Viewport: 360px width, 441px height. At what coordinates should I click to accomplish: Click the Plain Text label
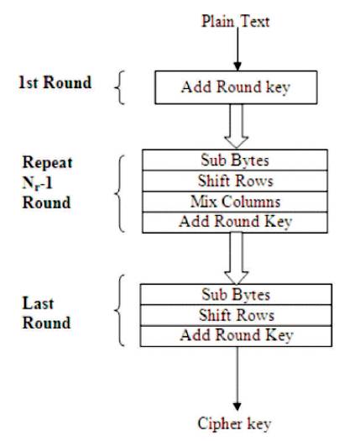pos(236,21)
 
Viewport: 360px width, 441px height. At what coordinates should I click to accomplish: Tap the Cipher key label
pos(234,423)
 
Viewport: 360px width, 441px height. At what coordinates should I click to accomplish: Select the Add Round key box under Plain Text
pos(236,87)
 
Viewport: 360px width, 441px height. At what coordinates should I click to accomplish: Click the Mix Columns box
pos(235,202)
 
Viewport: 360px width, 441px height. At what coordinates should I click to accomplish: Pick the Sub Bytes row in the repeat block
pos(235,160)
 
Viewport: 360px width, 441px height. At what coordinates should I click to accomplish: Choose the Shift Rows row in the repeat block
pos(235,181)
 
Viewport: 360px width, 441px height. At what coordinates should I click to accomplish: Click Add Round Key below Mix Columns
pos(235,223)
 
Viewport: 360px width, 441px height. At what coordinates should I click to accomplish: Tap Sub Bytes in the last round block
pos(236,295)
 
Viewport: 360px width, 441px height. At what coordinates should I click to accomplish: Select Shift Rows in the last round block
pos(236,315)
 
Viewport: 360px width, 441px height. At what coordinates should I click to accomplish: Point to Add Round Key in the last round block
pos(236,336)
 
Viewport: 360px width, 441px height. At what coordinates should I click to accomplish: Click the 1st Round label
pos(55,82)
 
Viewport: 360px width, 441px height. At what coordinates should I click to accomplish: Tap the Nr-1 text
pos(37,183)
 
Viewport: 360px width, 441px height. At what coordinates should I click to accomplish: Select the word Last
pos(38,303)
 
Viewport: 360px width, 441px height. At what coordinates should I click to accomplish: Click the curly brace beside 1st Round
pos(119,87)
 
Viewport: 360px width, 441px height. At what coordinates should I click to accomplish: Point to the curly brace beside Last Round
pos(119,311)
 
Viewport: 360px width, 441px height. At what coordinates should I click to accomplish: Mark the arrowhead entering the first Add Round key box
pos(237,66)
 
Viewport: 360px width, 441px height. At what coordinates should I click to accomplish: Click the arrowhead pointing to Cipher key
pos(237,407)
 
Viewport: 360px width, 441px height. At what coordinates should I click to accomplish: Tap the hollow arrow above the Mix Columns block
pos(237,126)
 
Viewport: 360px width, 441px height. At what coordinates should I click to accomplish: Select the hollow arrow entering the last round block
pos(237,258)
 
